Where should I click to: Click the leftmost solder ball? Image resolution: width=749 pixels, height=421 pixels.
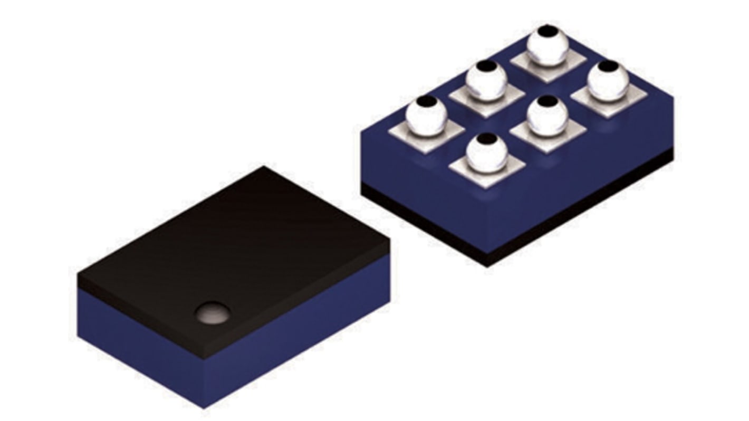tap(426, 116)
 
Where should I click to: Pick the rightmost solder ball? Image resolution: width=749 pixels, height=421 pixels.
tap(608, 81)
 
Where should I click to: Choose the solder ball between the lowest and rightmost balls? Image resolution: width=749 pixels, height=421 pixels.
tap(548, 116)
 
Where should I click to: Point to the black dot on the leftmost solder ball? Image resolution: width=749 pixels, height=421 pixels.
tap(429, 101)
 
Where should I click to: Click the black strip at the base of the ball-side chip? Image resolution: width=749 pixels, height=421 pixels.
tap(580, 211)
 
